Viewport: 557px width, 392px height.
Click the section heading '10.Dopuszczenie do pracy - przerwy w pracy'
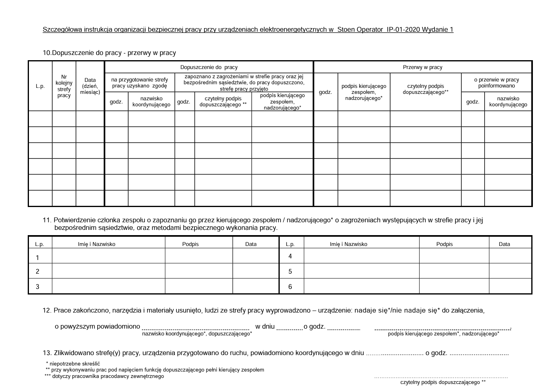(x=109, y=53)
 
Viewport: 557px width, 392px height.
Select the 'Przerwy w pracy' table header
(x=422, y=67)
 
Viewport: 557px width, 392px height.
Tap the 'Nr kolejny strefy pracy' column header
(x=64, y=86)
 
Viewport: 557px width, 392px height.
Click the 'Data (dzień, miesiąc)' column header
(x=90, y=86)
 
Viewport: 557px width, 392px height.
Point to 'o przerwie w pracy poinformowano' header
(x=496, y=83)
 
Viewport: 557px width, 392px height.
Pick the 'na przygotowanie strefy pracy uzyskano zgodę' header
(x=139, y=83)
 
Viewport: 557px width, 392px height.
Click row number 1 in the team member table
(x=37, y=258)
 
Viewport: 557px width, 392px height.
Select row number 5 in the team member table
(x=290, y=272)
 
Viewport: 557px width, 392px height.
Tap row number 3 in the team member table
(x=37, y=286)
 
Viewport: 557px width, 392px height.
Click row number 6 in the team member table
(x=290, y=286)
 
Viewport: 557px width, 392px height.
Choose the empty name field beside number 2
(x=109, y=271)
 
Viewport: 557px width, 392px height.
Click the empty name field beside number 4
(x=361, y=256)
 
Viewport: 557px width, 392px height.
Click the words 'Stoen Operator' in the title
(x=360, y=30)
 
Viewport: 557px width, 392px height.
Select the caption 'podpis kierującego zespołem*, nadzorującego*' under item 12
(x=443, y=334)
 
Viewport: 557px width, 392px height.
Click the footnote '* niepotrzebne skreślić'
(x=73, y=364)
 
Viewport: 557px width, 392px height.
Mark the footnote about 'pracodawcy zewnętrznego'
(x=104, y=376)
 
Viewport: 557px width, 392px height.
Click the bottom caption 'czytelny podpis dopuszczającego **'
(x=443, y=382)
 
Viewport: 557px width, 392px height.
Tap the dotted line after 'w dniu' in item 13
(x=395, y=354)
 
